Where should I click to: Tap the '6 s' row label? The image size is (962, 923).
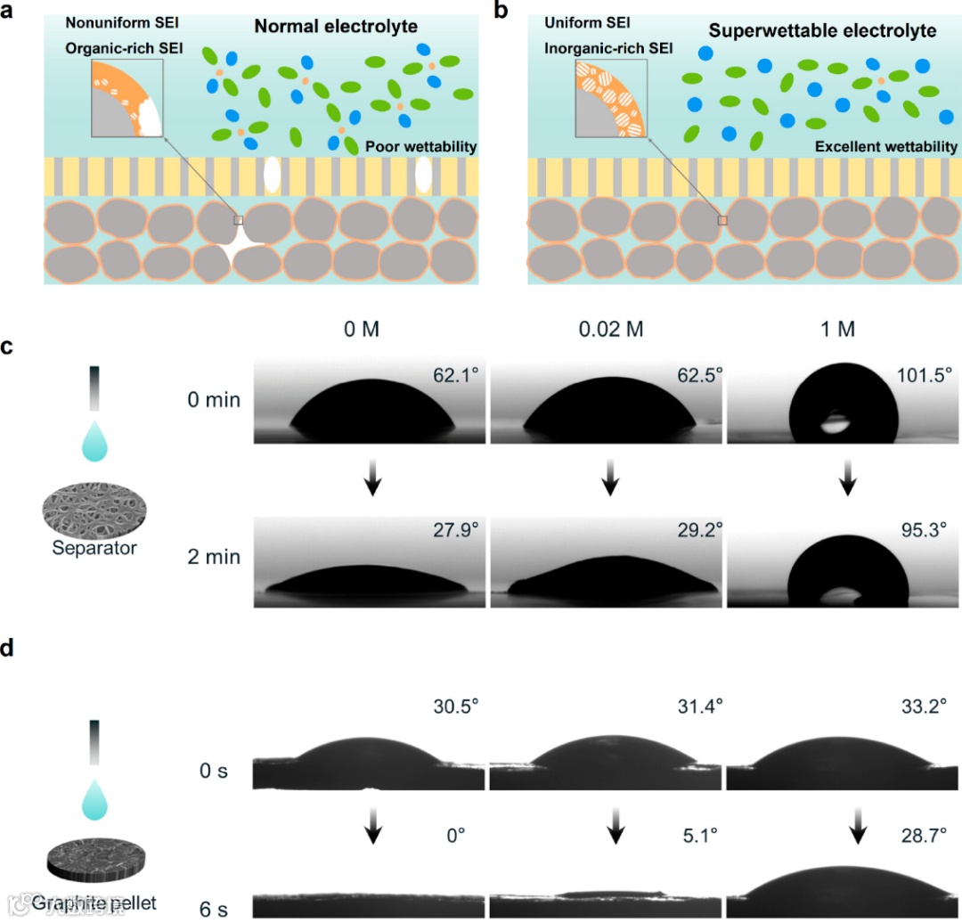[213, 908]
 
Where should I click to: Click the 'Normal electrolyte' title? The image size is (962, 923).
[336, 28]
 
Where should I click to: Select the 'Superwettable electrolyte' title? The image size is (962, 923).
[822, 31]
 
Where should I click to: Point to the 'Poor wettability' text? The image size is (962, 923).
[420, 146]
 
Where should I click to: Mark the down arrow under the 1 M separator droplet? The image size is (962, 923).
[847, 481]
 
